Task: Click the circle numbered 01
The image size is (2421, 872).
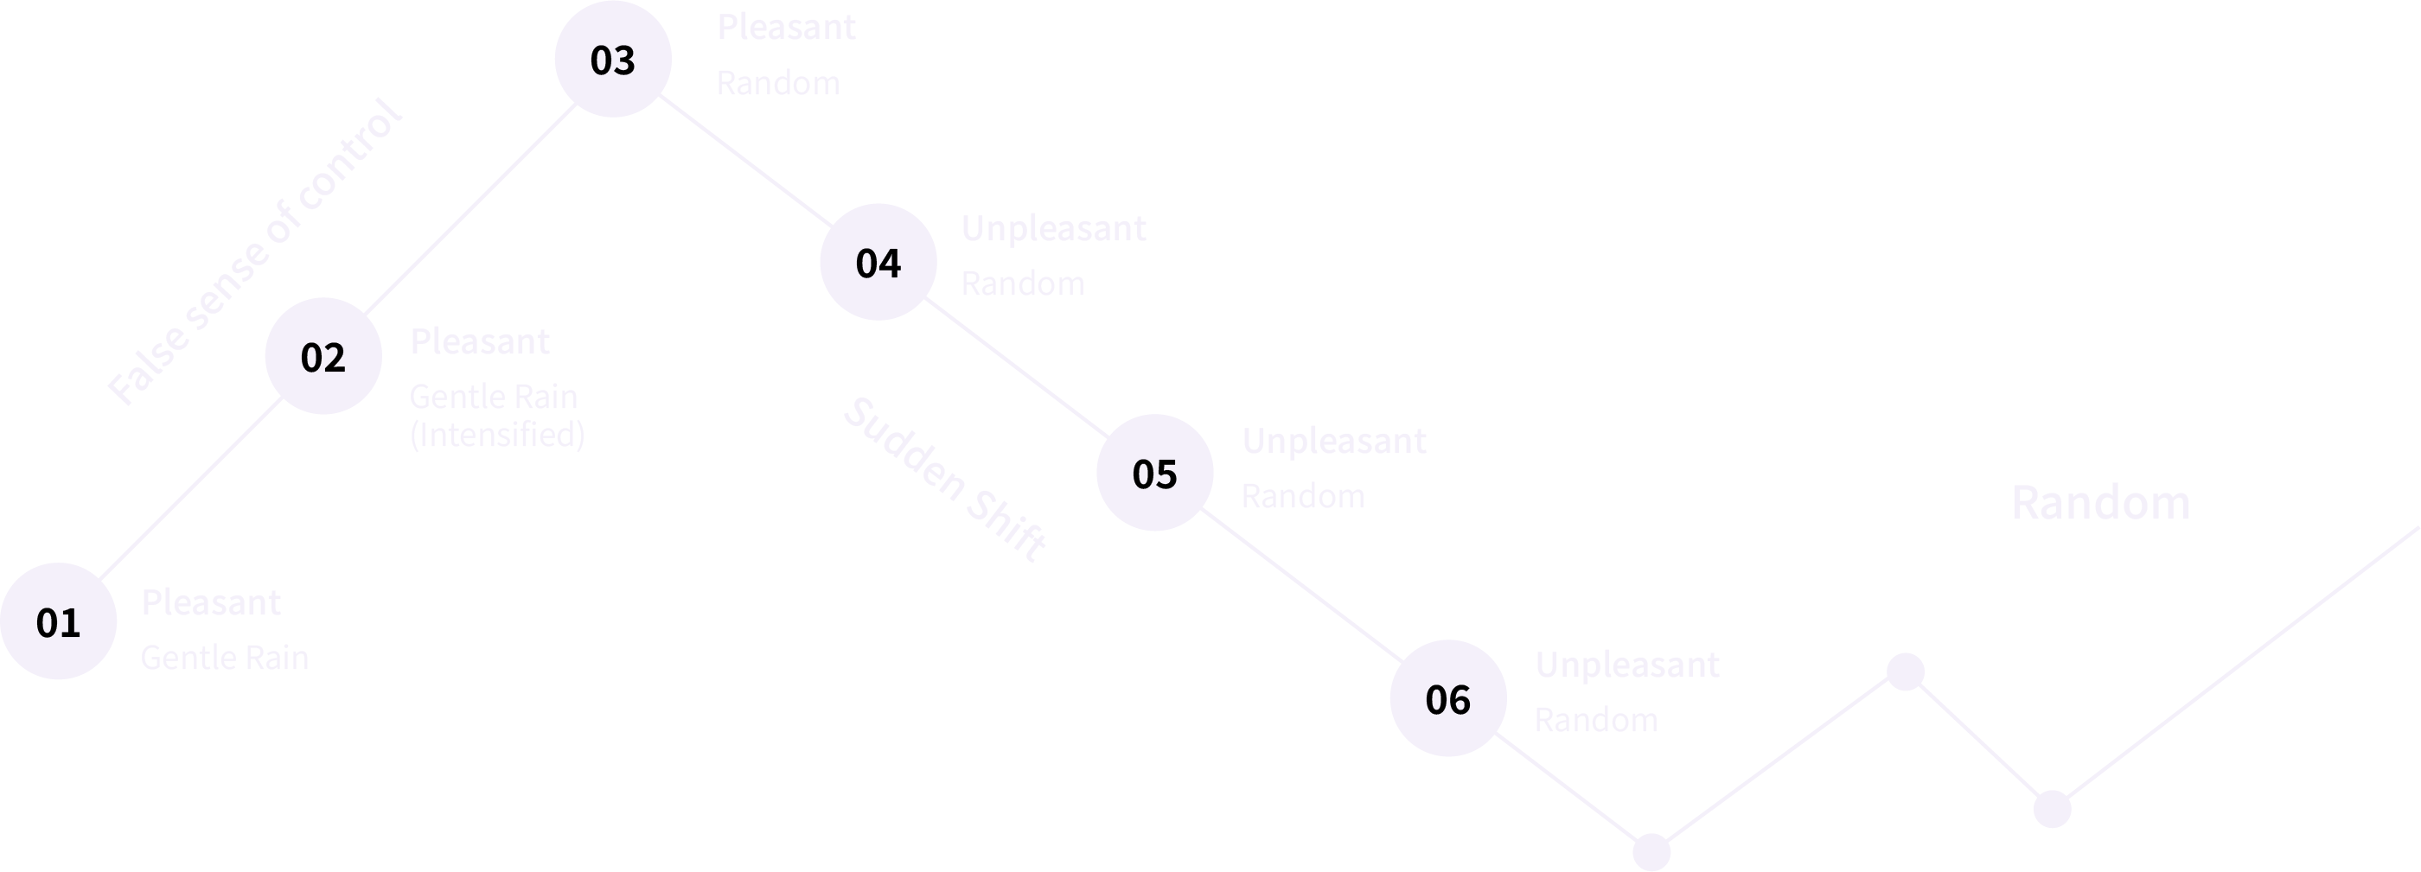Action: click(x=58, y=621)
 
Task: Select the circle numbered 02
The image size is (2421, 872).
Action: click(x=323, y=356)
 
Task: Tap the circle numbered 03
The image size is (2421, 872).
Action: click(x=613, y=59)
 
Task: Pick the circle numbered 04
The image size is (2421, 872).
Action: click(x=878, y=262)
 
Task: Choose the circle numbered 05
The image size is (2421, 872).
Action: click(x=1154, y=473)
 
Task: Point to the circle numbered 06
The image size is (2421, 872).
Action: click(x=1447, y=698)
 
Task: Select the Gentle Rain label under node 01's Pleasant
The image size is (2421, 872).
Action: click(x=224, y=658)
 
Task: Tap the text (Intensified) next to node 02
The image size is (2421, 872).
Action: click(x=497, y=434)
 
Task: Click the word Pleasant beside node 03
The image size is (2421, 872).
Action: click(x=786, y=28)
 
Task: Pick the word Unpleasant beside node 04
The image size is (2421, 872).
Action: click(x=1052, y=228)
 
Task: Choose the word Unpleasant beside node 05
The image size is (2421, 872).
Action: click(x=1333, y=441)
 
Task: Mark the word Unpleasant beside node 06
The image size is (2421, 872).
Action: click(x=1627, y=665)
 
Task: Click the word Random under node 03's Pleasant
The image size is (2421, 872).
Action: click(x=777, y=83)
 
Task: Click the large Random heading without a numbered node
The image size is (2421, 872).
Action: click(x=2099, y=503)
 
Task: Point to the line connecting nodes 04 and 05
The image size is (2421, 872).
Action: click(x=1016, y=367)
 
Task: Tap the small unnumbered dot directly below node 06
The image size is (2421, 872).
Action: click(x=1651, y=851)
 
